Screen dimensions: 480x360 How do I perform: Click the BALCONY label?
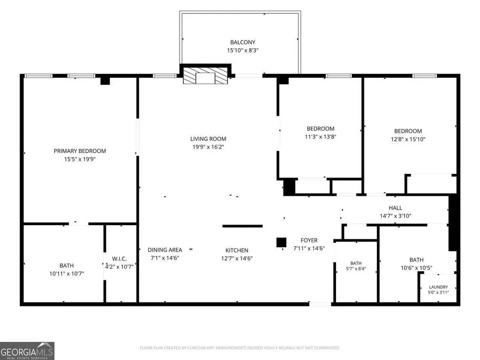coord(242,42)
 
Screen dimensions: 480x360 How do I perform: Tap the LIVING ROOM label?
coord(208,139)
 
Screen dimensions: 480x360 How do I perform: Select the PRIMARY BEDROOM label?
coord(80,151)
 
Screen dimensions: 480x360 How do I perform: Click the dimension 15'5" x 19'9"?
coord(80,159)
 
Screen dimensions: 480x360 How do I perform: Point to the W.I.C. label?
coord(119,259)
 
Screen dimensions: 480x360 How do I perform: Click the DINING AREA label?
coord(165,250)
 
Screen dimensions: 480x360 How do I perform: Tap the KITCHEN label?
coord(237,251)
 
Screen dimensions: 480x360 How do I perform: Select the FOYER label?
coord(309,240)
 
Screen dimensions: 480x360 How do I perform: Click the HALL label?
coord(396,208)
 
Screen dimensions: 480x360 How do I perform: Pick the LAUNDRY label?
coord(438,287)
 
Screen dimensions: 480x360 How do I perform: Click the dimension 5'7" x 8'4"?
coord(356,269)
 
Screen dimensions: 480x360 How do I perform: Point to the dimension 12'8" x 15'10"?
coord(408,139)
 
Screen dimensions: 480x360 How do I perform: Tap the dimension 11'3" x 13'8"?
coord(321,137)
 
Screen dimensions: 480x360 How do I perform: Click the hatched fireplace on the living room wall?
coord(205,76)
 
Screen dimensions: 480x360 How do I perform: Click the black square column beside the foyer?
coord(281,242)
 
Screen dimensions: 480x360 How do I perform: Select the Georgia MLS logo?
coord(27,351)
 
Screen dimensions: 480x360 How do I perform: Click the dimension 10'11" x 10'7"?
coord(67,274)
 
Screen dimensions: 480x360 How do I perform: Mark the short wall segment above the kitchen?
coord(242,226)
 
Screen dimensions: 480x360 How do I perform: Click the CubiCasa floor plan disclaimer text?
coord(240,348)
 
